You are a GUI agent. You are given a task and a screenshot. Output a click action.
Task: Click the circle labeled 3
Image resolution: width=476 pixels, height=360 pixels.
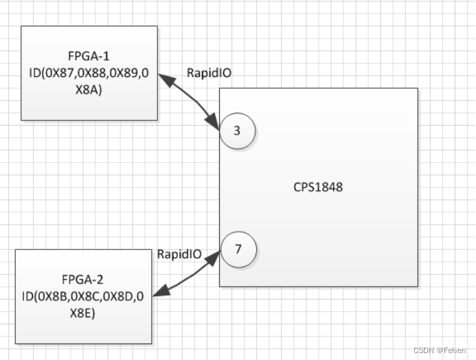pyautogui.click(x=237, y=130)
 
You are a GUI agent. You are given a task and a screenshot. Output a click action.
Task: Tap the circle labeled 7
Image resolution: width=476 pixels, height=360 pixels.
pyautogui.click(x=238, y=249)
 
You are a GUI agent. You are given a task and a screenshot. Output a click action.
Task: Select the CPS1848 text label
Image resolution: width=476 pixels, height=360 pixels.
pyautogui.click(x=319, y=186)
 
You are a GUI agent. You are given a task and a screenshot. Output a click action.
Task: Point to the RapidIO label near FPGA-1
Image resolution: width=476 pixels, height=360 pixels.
pyautogui.click(x=209, y=71)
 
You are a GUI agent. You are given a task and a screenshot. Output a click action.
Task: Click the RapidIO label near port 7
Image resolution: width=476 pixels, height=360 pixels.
pyautogui.click(x=179, y=254)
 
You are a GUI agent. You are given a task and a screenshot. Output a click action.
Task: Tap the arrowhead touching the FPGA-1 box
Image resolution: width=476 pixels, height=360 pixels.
pyautogui.click(x=164, y=78)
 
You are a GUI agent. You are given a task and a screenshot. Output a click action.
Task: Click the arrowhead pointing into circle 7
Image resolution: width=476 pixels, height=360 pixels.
pyautogui.click(x=216, y=256)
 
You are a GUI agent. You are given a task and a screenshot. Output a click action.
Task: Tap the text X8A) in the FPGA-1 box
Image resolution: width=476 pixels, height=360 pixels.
pyautogui.click(x=89, y=88)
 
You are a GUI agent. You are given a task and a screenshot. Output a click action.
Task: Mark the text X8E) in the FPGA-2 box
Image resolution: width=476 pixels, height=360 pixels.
pyautogui.click(x=83, y=312)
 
